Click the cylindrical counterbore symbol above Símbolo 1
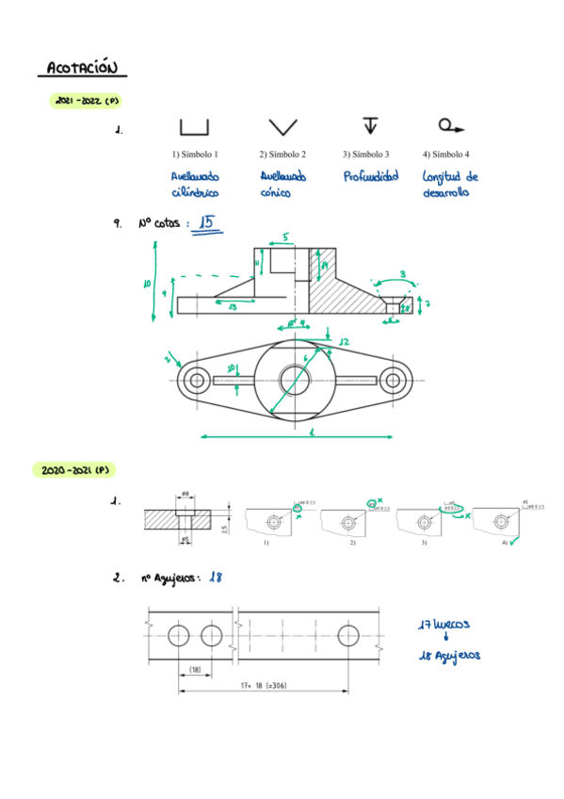click(193, 127)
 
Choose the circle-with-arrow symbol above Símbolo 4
click(450, 125)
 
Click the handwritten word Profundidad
click(370, 176)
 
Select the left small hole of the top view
click(197, 381)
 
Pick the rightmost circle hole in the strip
click(347, 633)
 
